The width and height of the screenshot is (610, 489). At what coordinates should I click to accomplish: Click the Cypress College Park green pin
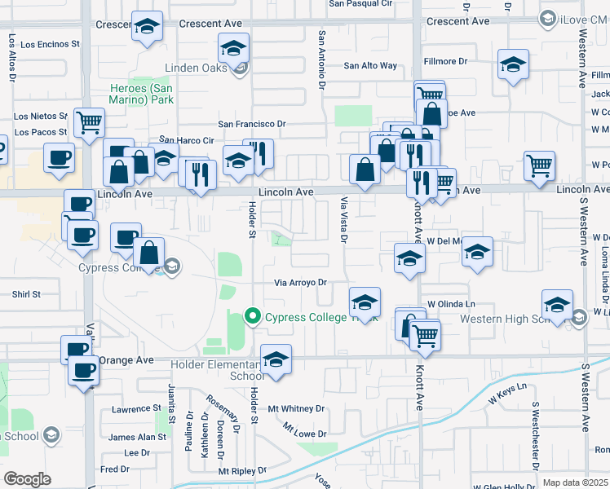tap(253, 316)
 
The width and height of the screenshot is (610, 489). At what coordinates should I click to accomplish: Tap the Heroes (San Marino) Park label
tap(143, 94)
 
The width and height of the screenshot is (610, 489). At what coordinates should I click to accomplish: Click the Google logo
tap(27, 478)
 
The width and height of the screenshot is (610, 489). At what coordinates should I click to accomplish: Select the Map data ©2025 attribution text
tap(575, 482)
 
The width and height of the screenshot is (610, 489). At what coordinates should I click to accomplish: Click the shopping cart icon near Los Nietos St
tap(89, 122)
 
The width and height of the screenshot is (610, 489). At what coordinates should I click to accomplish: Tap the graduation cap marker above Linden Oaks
tap(233, 48)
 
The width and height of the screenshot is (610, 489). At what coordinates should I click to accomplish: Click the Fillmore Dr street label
tap(445, 61)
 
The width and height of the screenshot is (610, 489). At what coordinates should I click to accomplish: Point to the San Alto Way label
tap(370, 65)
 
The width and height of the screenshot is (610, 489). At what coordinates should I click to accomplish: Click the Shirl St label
tap(26, 294)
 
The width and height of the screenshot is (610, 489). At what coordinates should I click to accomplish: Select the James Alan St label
tap(137, 438)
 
